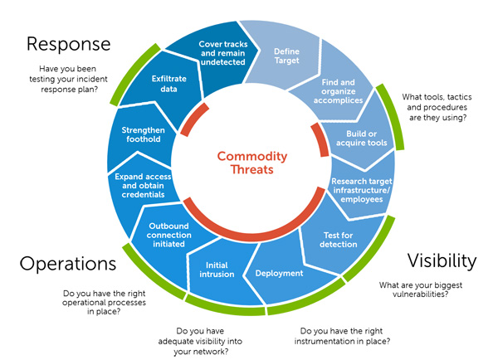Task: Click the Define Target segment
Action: pos(286,56)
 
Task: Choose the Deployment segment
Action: pos(279,273)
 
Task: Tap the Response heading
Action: pos(68,43)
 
